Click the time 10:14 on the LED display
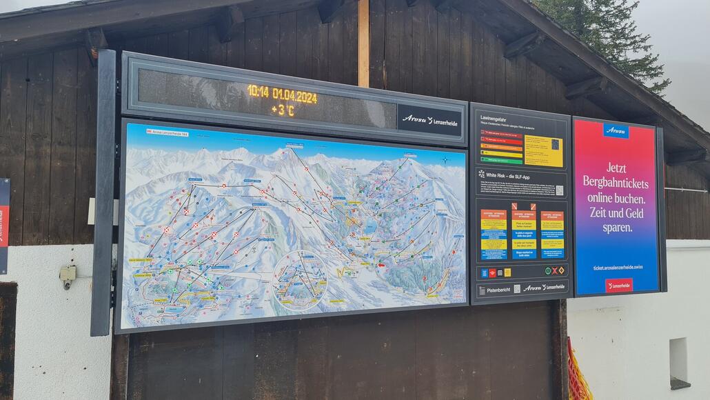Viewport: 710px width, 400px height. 258,92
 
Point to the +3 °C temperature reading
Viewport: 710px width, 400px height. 283,110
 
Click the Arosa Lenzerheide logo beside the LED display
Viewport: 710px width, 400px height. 429,121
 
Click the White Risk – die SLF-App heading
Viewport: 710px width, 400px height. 512,175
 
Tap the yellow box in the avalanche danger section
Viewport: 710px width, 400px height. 543,150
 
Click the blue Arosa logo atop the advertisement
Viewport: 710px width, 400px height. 616,130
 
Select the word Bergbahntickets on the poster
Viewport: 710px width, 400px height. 616,182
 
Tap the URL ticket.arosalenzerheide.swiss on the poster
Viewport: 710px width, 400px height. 616,268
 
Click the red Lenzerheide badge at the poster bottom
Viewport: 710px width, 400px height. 618,285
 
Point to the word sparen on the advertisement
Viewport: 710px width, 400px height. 616,228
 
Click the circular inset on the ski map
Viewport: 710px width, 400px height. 301,279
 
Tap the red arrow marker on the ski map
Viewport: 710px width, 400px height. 381,264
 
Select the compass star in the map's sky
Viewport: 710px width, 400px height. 445,160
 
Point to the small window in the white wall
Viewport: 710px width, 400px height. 679,362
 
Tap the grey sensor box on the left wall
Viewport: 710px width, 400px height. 68,274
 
